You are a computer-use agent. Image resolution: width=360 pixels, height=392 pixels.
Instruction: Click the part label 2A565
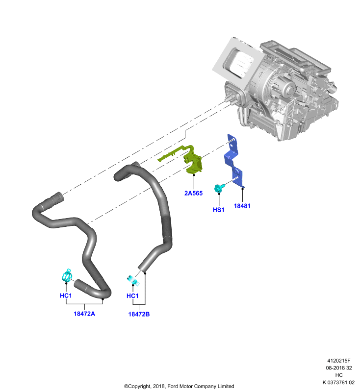[193, 193]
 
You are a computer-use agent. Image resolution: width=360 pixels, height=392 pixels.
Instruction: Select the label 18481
[242, 206]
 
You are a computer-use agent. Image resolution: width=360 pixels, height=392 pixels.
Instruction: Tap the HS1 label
[218, 210]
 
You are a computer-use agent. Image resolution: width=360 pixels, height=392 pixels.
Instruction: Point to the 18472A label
[84, 314]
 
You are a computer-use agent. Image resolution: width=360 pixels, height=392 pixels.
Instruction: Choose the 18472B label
[139, 314]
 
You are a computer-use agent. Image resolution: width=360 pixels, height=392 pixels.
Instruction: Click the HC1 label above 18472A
[66, 295]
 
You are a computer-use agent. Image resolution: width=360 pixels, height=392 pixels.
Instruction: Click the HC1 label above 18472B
[132, 296]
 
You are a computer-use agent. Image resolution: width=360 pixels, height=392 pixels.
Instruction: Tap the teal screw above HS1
[219, 188]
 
